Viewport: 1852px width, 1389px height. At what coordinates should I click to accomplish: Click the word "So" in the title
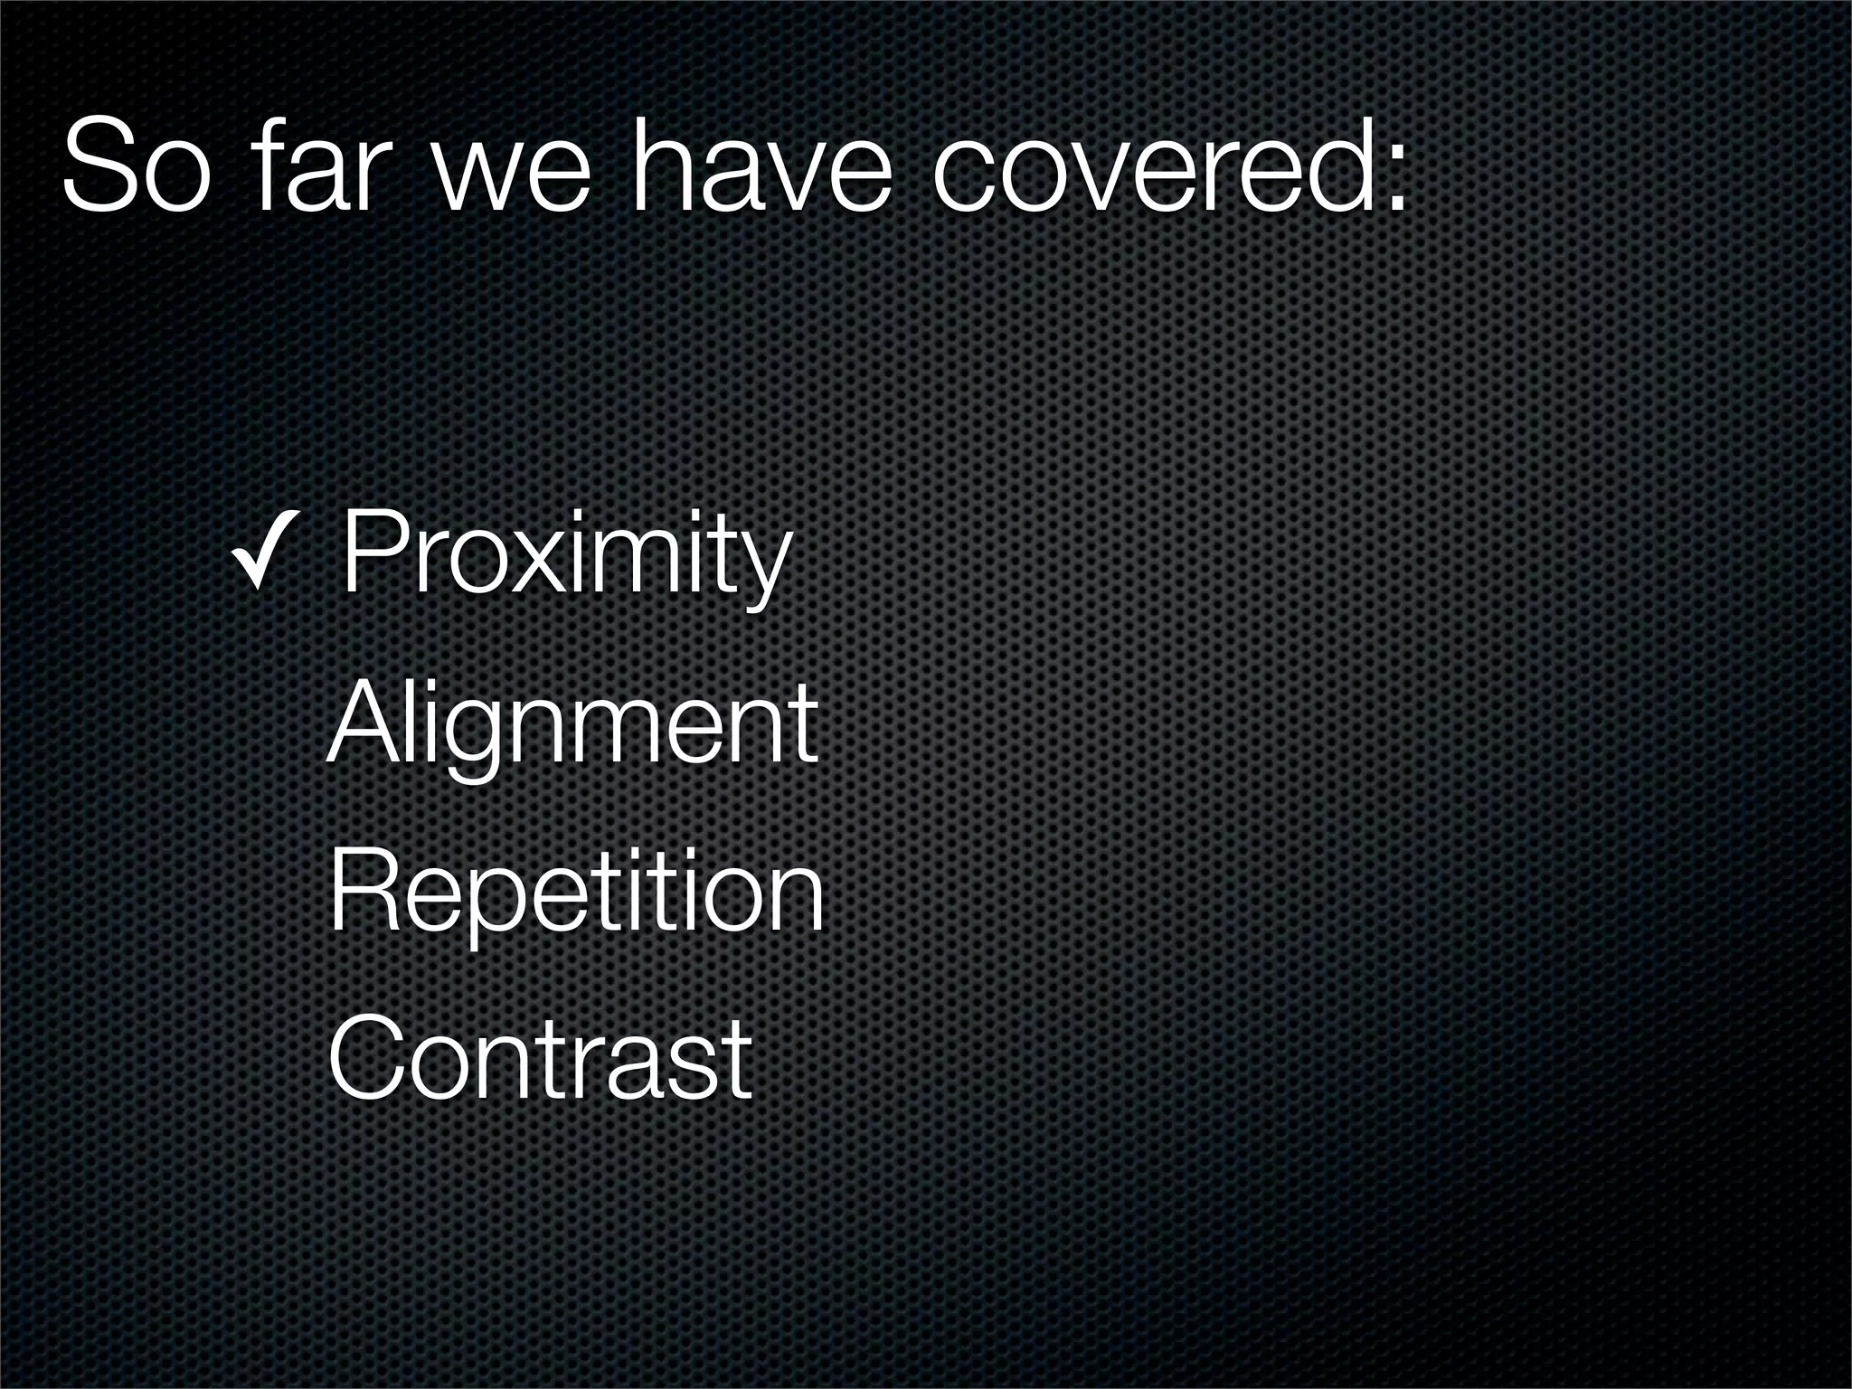pos(136,167)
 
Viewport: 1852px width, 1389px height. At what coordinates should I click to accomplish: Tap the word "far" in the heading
pos(317,167)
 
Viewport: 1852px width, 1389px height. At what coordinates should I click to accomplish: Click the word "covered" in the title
pos(1148,167)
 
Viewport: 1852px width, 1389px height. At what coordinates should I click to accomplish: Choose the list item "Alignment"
pos(572,728)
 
